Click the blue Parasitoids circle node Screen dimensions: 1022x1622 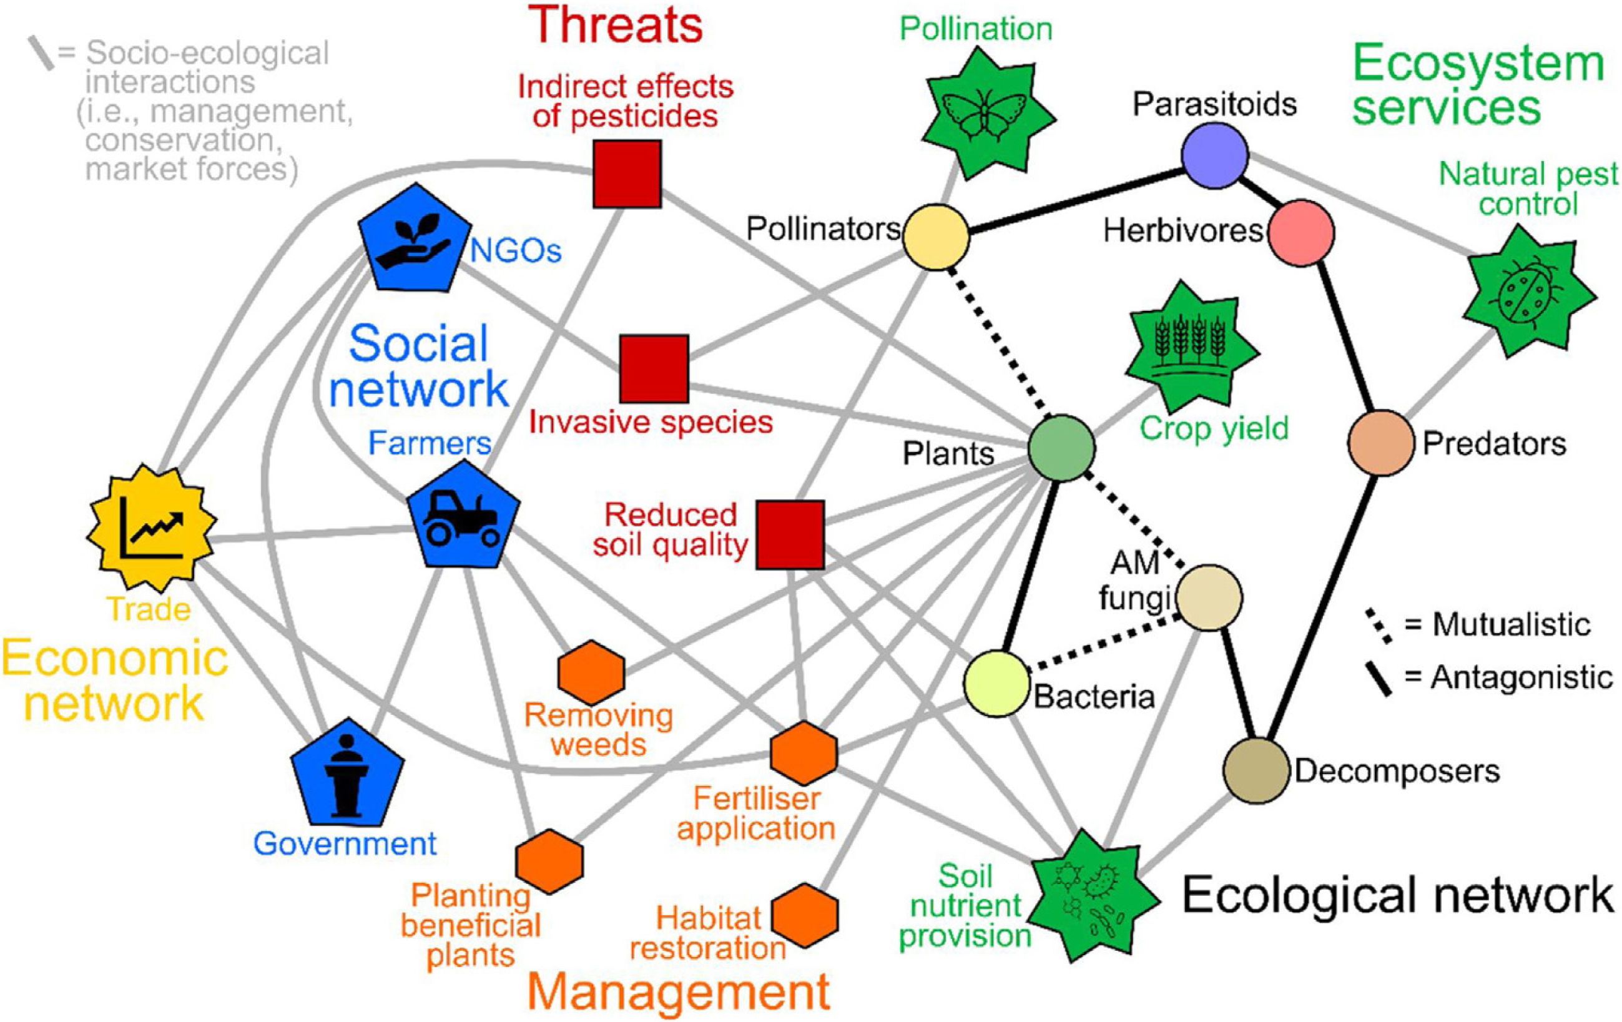coord(1214,155)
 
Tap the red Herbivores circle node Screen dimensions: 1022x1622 coord(1300,232)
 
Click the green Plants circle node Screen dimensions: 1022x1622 coord(1061,448)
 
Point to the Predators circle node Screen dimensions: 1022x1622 coord(1380,443)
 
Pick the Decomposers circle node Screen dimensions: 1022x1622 coord(1257,770)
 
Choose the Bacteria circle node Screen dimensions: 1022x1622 coord(997,683)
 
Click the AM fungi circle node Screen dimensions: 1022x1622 coord(1210,598)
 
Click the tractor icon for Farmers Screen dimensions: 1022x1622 coord(464,517)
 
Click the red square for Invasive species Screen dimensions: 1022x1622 coord(654,368)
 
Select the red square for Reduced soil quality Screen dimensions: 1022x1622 coord(789,534)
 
